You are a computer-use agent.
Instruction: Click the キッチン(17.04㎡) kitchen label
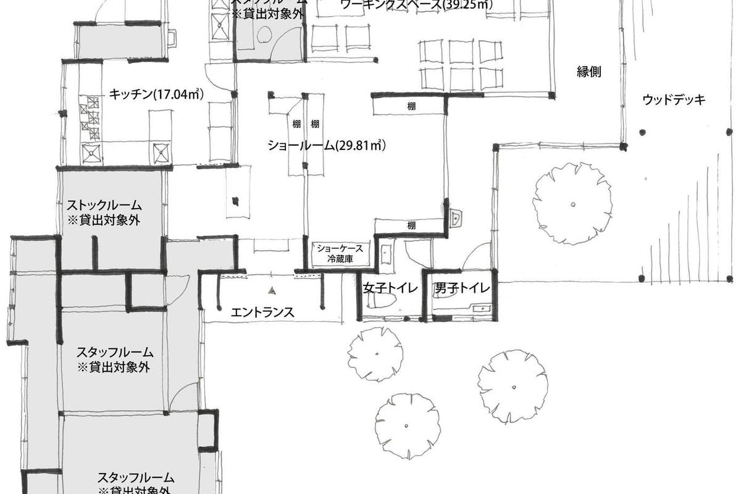156,94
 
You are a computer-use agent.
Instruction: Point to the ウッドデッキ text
673,99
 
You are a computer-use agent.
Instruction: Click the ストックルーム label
104,205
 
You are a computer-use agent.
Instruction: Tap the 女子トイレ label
390,288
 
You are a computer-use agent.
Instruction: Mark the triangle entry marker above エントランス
270,289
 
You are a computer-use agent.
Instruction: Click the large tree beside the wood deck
574,203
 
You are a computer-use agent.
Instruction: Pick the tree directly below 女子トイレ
375,354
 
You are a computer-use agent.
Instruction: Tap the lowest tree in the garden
407,426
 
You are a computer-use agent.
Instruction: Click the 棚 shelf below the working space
411,106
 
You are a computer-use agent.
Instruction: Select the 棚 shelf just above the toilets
411,225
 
